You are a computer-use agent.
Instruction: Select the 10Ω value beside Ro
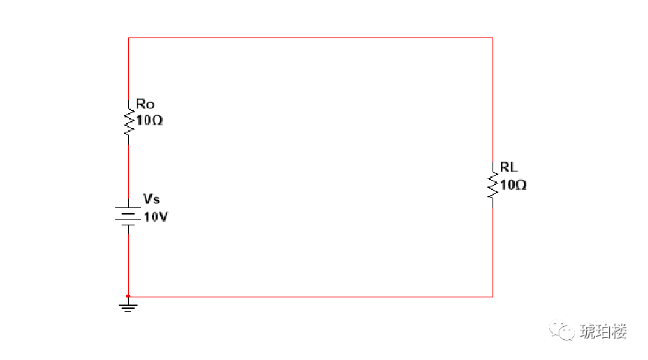(x=149, y=121)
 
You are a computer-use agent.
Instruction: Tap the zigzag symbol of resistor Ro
(x=129, y=122)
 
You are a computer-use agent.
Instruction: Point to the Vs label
(x=151, y=199)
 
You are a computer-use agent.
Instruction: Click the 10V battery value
(x=156, y=217)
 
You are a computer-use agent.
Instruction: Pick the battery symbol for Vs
(x=128, y=215)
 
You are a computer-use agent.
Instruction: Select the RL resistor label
(x=509, y=168)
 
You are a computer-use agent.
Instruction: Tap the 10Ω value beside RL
(x=513, y=185)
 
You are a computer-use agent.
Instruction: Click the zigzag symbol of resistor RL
(x=493, y=184)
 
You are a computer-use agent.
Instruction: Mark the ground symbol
(x=128, y=306)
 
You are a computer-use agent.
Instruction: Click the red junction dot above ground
(x=128, y=296)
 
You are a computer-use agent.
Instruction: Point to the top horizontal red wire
(x=310, y=37)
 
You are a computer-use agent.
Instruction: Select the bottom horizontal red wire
(x=310, y=296)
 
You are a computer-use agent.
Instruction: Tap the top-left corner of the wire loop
(x=128, y=37)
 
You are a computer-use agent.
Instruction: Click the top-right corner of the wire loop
(x=492, y=37)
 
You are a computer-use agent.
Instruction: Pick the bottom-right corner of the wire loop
(x=492, y=296)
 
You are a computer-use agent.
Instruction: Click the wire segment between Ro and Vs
(x=128, y=169)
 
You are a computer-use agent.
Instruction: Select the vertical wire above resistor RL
(x=492, y=101)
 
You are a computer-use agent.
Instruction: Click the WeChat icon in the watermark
(x=562, y=330)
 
